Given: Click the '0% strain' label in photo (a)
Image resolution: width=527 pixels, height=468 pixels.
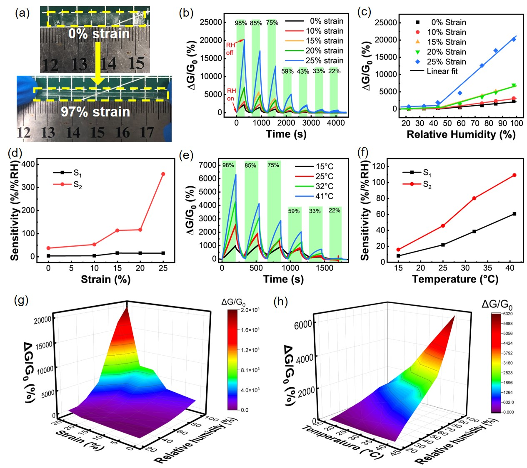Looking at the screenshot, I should (99, 34).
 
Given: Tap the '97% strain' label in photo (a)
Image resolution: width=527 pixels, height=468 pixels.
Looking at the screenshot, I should (95, 111).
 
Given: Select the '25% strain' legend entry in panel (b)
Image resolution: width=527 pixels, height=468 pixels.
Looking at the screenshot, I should (325, 61).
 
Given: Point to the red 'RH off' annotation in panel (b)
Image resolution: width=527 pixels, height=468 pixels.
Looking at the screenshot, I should (230, 49).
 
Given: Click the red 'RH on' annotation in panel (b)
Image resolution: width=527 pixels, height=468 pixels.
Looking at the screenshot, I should (231, 94).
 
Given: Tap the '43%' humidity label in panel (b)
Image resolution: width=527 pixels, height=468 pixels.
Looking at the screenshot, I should (303, 71).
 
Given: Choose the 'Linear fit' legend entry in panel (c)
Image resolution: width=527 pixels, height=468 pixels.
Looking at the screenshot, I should (442, 71).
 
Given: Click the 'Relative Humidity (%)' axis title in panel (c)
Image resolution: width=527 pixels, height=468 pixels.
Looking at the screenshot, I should (461, 134).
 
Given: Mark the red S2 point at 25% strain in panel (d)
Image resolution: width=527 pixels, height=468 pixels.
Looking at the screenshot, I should (163, 174).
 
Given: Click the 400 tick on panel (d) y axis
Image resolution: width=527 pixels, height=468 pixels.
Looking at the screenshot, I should (28, 164).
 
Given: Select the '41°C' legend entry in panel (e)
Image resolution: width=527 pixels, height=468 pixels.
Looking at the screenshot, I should (324, 196).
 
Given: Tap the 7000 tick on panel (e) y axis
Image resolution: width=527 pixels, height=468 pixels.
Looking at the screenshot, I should (208, 165).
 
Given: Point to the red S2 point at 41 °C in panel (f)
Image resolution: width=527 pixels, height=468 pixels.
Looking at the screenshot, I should (515, 175).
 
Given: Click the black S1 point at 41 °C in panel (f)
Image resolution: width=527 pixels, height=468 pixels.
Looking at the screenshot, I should (515, 214).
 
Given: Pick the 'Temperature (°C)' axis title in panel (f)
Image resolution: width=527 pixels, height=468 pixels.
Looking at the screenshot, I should (455, 279).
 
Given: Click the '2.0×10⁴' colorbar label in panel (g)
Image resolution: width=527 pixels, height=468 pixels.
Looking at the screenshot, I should (250, 310).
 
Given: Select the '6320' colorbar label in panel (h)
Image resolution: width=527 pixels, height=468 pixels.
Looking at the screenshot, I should (508, 314).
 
